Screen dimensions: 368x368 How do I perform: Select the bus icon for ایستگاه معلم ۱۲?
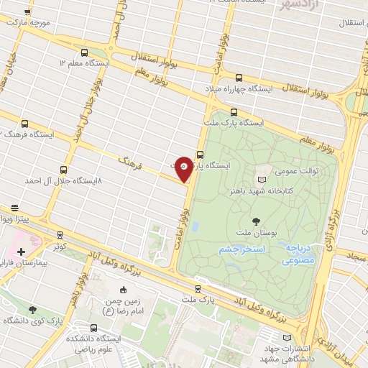pyautogui.click(x=85, y=52)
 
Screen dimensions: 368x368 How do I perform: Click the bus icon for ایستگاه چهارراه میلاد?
pyautogui.click(x=239, y=78)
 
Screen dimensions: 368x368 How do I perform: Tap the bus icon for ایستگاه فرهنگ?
pyautogui.click(x=26, y=124)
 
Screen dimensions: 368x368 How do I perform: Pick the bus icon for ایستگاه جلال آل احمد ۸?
pyautogui.click(x=64, y=170)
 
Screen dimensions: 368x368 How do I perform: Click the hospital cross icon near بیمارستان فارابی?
pyautogui.click(x=21, y=252)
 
